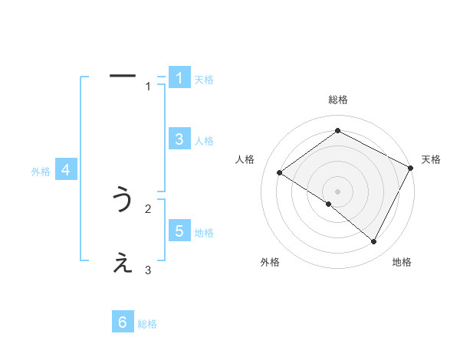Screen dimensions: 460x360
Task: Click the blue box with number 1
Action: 179,78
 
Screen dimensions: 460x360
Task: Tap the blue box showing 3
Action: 179,139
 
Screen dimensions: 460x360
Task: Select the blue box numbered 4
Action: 66,170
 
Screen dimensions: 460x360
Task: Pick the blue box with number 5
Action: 179,231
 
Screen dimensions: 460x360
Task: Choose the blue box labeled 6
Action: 123,322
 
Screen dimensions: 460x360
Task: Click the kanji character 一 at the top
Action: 123,76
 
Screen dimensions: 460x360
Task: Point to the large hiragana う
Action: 123,200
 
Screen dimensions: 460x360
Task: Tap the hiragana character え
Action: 123,264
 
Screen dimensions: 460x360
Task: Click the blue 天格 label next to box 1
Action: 204,80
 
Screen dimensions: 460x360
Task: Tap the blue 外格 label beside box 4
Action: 41,172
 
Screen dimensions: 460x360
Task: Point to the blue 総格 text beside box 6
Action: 147,324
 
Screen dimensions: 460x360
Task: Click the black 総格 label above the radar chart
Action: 337,100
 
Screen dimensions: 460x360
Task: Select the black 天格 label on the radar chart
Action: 431,159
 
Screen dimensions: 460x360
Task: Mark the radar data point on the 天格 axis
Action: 411,168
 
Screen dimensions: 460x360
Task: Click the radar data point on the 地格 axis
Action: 374,241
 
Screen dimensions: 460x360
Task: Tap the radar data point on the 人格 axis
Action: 279,172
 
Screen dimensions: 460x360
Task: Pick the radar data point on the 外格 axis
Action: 328,204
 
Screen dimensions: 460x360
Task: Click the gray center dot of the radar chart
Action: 337,191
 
